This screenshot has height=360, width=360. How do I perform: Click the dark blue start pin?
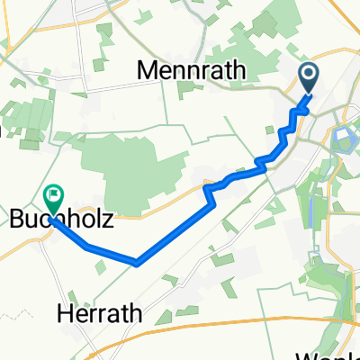pyautogui.click(x=308, y=77)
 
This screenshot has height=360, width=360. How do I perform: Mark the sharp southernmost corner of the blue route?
pyautogui.click(x=136, y=263)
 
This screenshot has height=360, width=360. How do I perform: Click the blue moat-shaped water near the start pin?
pyautogui.click(x=344, y=138)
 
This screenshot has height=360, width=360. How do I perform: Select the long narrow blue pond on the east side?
pyautogui.click(x=311, y=211)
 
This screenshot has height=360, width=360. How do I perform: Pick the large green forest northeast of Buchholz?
pyautogui.click(x=135, y=171)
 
